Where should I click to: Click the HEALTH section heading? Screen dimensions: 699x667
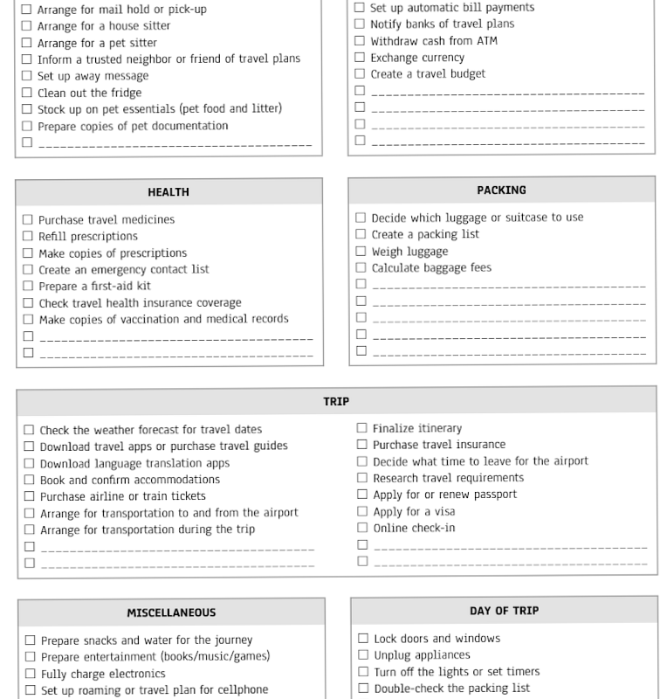pyautogui.click(x=168, y=192)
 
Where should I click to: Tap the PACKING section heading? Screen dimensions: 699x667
pyautogui.click(x=501, y=190)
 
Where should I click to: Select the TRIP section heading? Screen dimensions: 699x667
pyautogui.click(x=336, y=402)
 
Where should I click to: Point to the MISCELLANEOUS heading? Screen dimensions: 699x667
pyautogui.click(x=171, y=612)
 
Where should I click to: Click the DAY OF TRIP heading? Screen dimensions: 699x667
pyautogui.click(x=504, y=611)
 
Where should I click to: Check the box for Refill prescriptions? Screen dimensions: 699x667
pyautogui.click(x=28, y=237)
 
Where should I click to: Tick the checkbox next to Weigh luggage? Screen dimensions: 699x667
pyautogui.click(x=361, y=252)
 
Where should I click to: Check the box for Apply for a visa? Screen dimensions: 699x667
pyautogui.click(x=362, y=511)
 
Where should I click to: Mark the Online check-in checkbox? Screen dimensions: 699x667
pyautogui.click(x=362, y=528)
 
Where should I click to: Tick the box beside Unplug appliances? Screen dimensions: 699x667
pyautogui.click(x=363, y=655)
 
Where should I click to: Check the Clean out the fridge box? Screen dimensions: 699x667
pyautogui.click(x=27, y=93)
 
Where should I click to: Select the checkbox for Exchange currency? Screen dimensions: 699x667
pyautogui.click(x=360, y=58)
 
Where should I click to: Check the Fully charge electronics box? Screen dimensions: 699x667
pyautogui.click(x=31, y=674)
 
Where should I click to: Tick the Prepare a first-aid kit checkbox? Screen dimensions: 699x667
pyautogui.click(x=28, y=287)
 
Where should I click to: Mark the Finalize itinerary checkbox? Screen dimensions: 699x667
pyautogui.click(x=362, y=428)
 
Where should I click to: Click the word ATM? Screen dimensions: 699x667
pyautogui.click(x=485, y=41)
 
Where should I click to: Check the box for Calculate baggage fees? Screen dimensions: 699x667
pyautogui.click(x=361, y=268)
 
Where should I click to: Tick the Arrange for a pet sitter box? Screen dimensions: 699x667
pyautogui.click(x=26, y=43)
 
